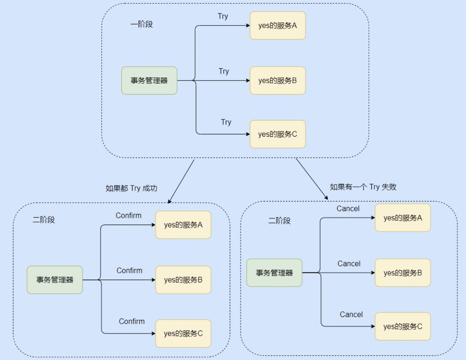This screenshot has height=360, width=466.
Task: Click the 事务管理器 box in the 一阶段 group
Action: [x=149, y=81]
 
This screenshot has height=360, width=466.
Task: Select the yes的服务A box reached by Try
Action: [x=278, y=26]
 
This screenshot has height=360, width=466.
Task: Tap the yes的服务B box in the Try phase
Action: [x=278, y=81]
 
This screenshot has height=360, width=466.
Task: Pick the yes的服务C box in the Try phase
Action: [x=278, y=134]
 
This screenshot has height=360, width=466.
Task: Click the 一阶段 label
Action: [x=141, y=24]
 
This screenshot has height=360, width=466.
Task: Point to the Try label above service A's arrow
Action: [x=223, y=16]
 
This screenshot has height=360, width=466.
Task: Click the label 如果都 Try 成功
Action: [x=131, y=188]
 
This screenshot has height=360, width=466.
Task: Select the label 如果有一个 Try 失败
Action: [x=363, y=187]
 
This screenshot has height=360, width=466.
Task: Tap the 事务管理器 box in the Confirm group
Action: [x=55, y=280]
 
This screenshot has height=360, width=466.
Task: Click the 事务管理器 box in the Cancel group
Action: [x=274, y=273]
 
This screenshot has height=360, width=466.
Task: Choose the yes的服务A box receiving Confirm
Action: [x=183, y=225]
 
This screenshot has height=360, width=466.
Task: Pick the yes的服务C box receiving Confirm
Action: [x=183, y=333]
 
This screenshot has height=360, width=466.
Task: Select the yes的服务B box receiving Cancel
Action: [x=403, y=273]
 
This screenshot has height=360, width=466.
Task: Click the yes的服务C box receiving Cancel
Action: [x=403, y=326]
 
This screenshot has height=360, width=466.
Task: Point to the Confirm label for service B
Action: [x=129, y=270]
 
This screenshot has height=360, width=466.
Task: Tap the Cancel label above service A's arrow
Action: [x=348, y=208]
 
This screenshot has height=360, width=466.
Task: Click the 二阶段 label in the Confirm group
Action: [x=44, y=220]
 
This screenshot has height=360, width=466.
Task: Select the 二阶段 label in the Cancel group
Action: [x=279, y=221]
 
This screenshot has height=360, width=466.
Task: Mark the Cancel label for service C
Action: [x=351, y=314]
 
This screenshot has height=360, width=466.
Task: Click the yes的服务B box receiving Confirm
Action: [x=183, y=280]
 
